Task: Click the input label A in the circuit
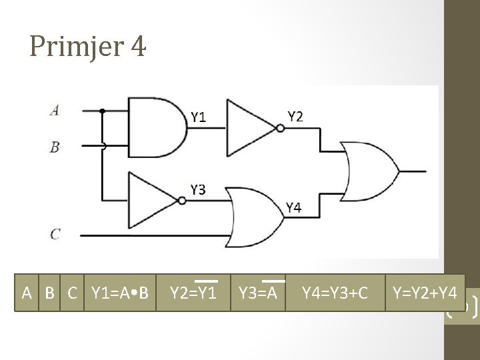click(x=54, y=111)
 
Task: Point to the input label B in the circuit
click(x=55, y=147)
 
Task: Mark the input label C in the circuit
click(x=55, y=234)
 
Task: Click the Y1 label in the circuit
click(x=199, y=118)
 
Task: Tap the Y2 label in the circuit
click(x=296, y=117)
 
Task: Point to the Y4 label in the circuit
click(x=294, y=208)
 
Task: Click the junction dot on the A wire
click(x=102, y=111)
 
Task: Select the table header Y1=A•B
click(x=119, y=293)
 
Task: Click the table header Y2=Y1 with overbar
click(x=193, y=292)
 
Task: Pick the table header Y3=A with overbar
click(x=257, y=292)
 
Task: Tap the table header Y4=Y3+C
click(x=335, y=292)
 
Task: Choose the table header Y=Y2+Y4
click(x=425, y=292)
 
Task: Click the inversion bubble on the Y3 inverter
click(x=182, y=201)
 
